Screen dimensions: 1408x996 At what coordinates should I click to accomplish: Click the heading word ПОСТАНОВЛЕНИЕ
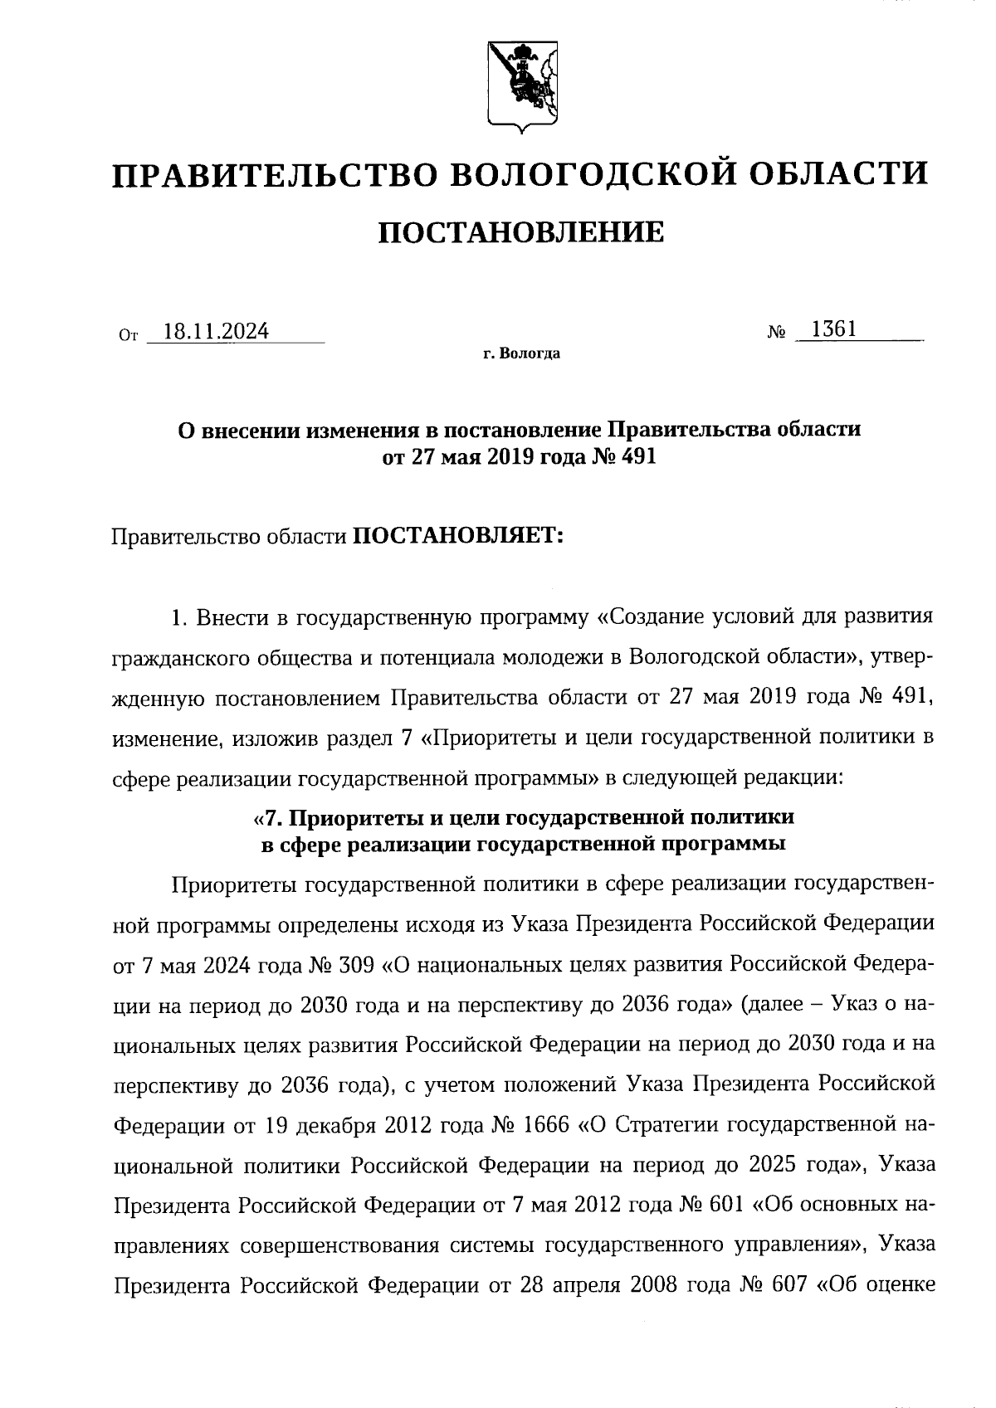point(521,233)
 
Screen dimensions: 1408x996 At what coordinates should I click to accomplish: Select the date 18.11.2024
point(216,332)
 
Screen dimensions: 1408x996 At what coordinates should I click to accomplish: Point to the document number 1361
point(833,329)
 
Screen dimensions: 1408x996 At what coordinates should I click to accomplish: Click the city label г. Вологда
point(521,354)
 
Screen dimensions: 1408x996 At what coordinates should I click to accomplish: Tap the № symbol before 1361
point(777,334)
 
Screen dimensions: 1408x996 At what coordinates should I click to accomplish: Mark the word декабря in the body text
point(338,1126)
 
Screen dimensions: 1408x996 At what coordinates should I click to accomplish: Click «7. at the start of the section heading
point(268,817)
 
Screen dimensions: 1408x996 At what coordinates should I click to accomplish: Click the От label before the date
point(127,336)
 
